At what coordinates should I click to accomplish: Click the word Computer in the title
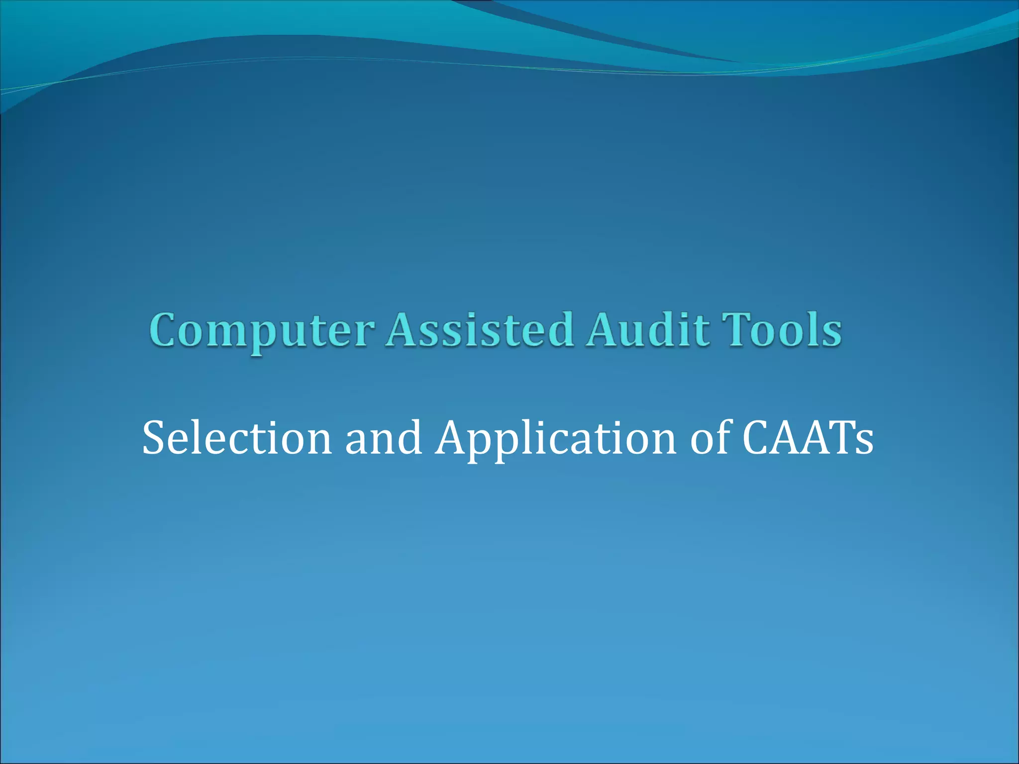pyautogui.click(x=262, y=331)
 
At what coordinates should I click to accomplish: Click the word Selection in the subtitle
pyautogui.click(x=237, y=438)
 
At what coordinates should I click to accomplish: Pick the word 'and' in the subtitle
pyautogui.click(x=383, y=438)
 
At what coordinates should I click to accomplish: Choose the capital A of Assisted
pyautogui.click(x=405, y=329)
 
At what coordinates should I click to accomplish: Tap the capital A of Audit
pyautogui.click(x=605, y=329)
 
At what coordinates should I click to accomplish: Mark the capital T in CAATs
pyautogui.click(x=836, y=438)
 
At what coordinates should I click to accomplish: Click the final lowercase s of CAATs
pyautogui.click(x=863, y=443)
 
